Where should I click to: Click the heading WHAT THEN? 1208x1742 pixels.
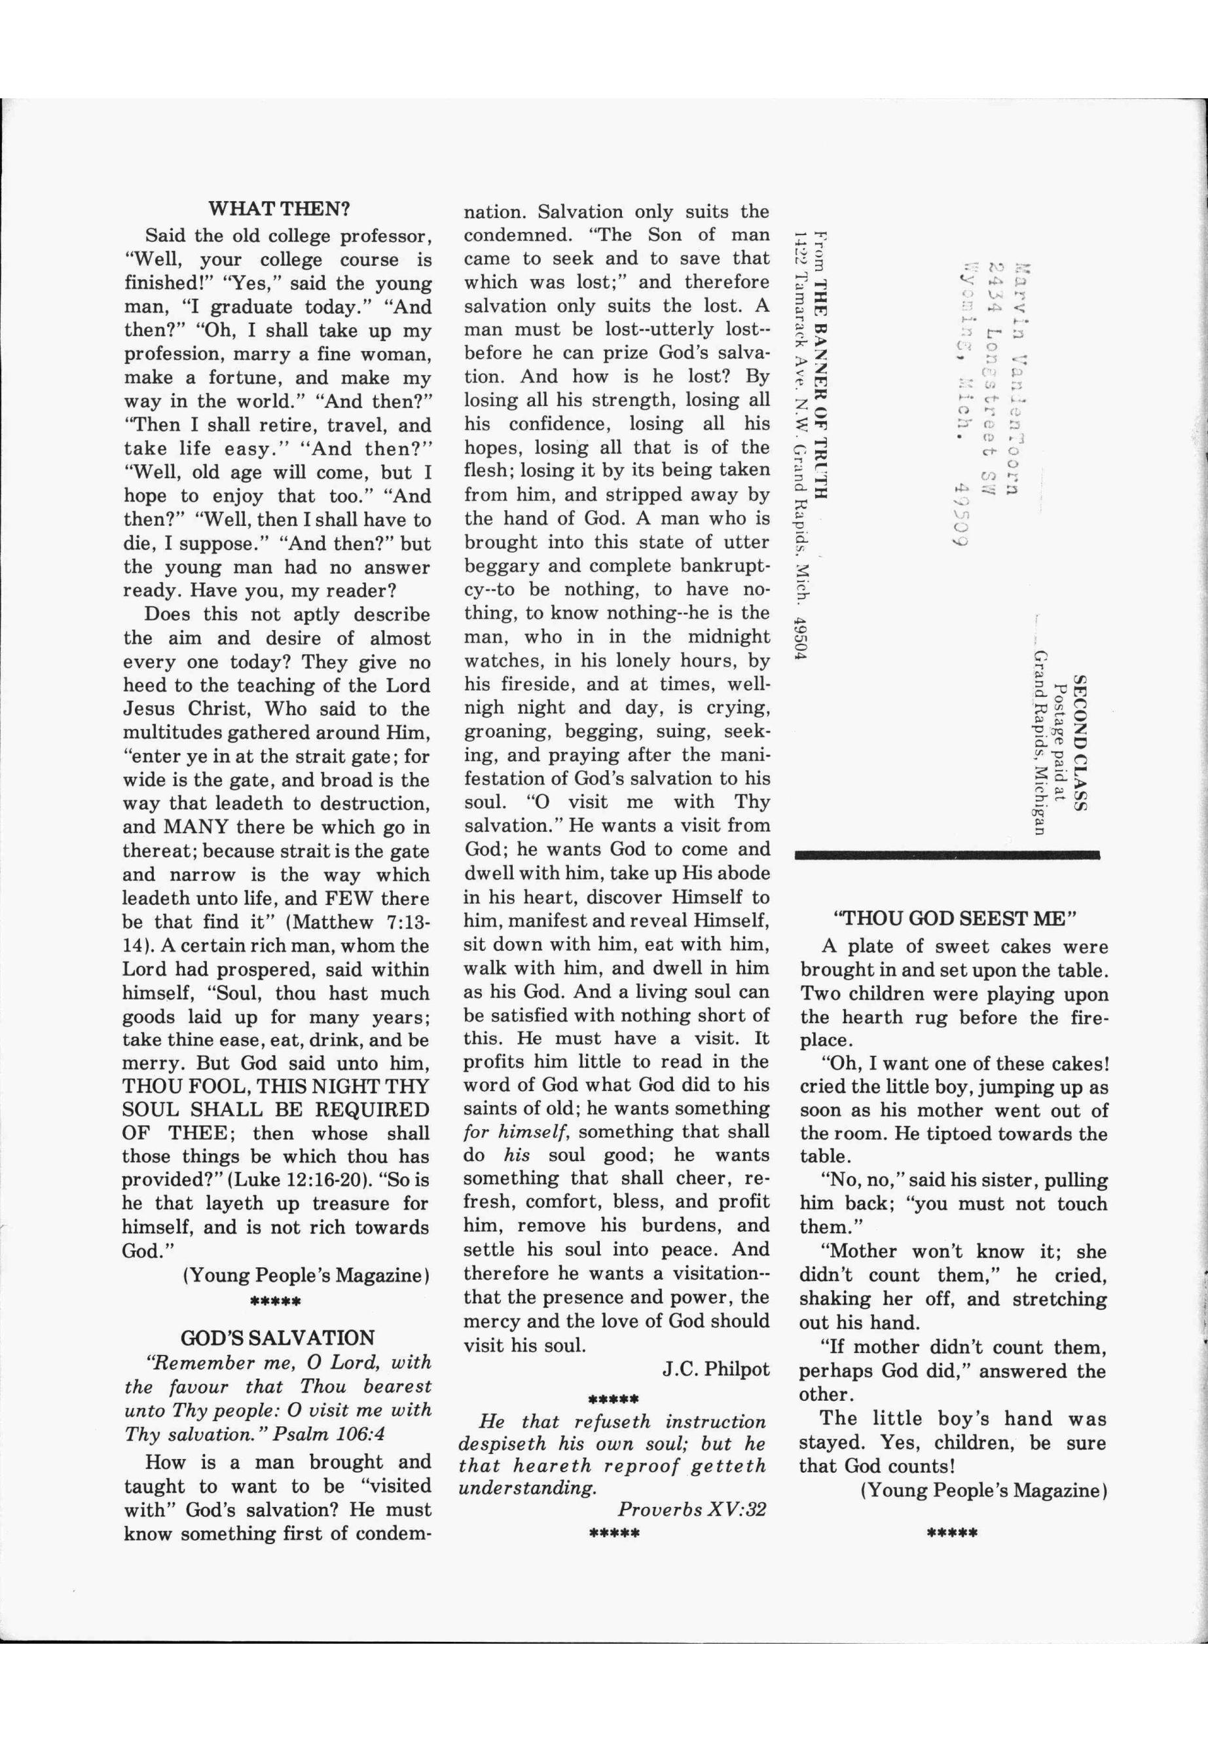pos(278,208)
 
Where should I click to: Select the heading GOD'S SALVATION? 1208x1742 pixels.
pos(278,1337)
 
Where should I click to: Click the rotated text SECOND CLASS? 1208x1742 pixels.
pos(1081,743)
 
